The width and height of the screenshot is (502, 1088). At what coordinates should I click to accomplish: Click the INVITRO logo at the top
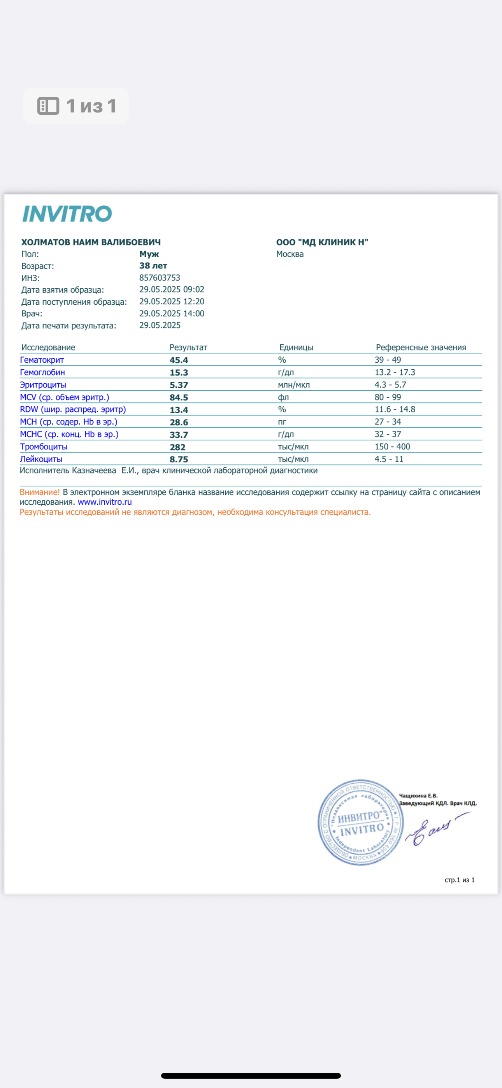67,214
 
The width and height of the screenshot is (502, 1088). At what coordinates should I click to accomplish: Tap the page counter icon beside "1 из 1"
48,106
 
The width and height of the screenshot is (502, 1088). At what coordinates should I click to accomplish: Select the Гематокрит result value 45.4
179,360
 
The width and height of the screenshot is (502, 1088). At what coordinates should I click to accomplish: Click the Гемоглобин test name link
42,372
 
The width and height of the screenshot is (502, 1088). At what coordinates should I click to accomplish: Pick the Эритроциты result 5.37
179,385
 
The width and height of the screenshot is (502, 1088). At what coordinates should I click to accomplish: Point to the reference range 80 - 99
388,397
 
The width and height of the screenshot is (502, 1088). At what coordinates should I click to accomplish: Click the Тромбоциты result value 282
177,447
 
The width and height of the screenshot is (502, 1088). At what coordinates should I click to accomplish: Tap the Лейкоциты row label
41,459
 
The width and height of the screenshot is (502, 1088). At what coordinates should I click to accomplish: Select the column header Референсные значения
421,347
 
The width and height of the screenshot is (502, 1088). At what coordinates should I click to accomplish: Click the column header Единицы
296,347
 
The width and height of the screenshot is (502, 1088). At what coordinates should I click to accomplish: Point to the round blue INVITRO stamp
360,822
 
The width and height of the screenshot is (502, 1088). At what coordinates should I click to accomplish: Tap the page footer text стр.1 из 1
459,880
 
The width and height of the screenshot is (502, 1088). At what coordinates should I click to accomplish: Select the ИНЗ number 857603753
160,278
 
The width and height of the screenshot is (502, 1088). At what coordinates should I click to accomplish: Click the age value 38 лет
153,266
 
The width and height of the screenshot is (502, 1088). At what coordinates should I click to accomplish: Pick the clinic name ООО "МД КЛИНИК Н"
322,242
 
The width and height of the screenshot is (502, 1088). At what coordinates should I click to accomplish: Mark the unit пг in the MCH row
282,422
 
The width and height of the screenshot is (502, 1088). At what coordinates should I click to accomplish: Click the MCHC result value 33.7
179,435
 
